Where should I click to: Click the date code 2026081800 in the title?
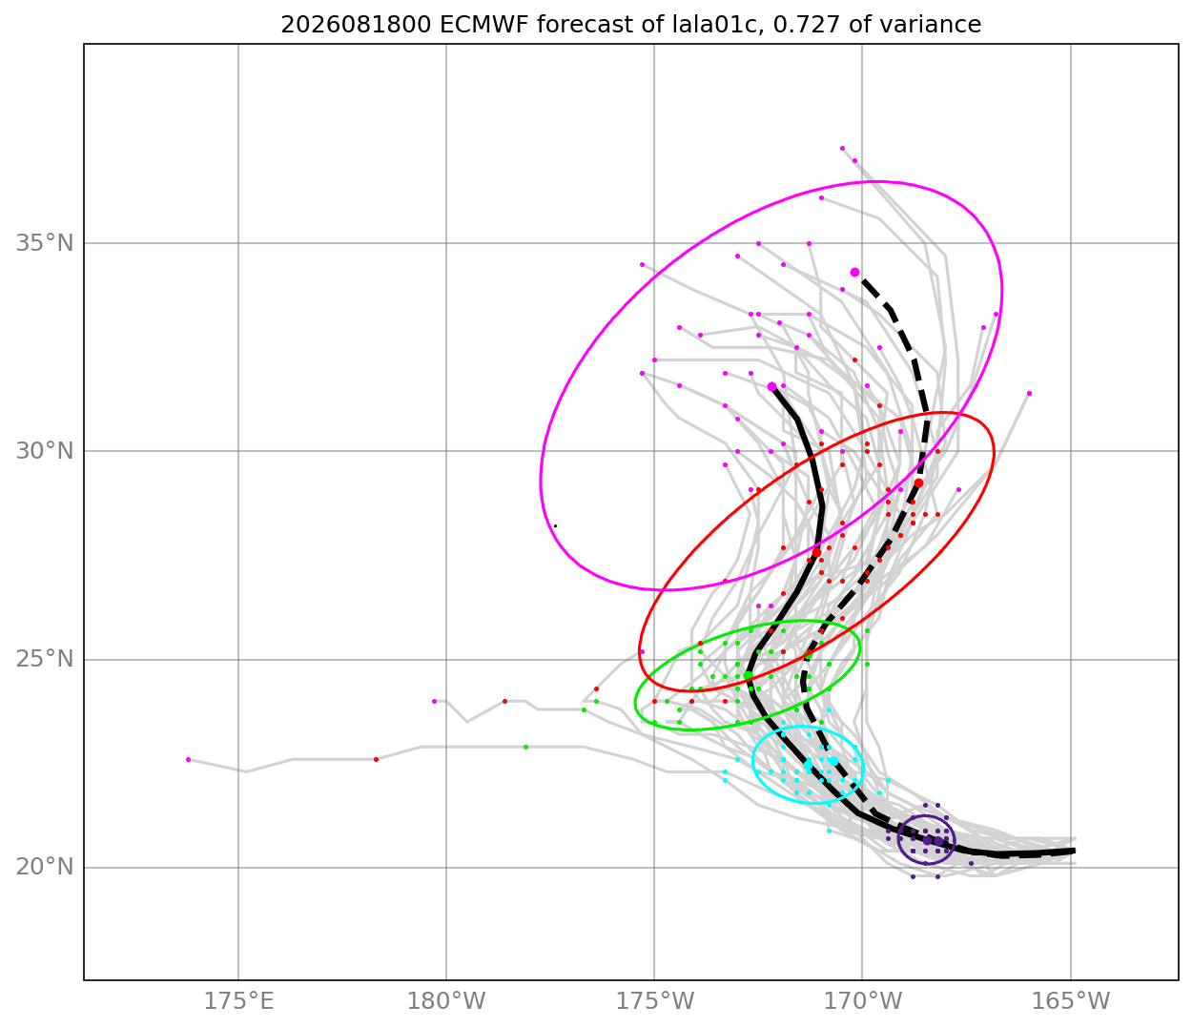[x=356, y=25]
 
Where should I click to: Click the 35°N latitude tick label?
[x=45, y=243]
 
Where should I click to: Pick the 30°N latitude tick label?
[x=45, y=451]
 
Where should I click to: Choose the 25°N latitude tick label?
[x=45, y=659]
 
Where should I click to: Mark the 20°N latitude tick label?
[x=45, y=866]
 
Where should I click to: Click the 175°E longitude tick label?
[x=238, y=1001]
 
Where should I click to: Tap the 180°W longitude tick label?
[x=446, y=1001]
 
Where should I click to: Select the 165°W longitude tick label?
[x=1070, y=1001]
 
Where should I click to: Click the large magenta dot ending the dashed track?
[x=854, y=272]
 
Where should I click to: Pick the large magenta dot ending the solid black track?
[x=771, y=386]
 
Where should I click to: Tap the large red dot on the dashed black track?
[x=918, y=483]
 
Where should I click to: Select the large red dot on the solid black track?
[x=816, y=552]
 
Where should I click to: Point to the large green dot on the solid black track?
[x=748, y=675]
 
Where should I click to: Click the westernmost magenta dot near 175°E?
[x=189, y=759]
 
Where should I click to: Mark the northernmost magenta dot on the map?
[x=842, y=148]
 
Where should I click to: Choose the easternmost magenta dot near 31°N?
[x=1029, y=393]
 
